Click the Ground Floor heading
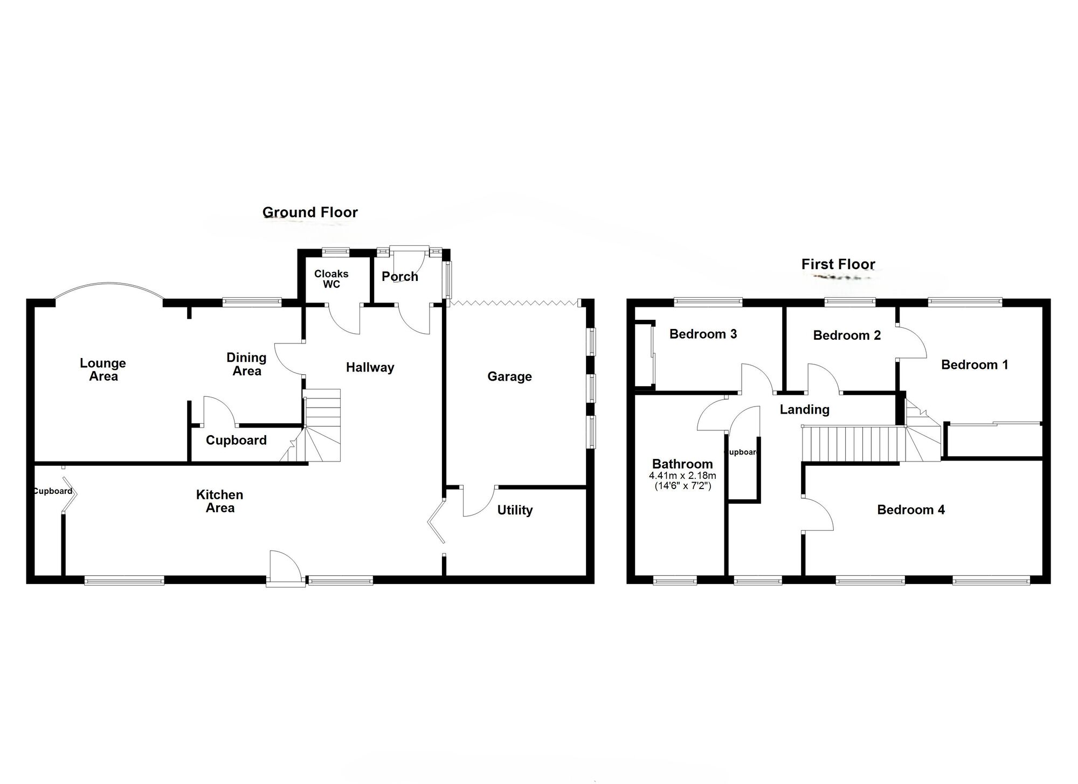coord(310,212)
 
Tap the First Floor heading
coord(838,264)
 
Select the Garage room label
coord(509,376)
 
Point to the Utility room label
coord(515,510)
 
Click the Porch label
coord(400,277)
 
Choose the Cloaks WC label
coord(331,279)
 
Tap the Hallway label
coord(370,368)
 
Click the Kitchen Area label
coord(220,501)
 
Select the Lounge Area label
coord(103,370)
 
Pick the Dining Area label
coord(246,364)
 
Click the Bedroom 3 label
coord(703,334)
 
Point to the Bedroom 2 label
coord(847,335)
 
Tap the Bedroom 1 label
coord(975,365)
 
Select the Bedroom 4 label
coord(911,510)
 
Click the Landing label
coord(805,410)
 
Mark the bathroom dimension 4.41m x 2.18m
coord(682,476)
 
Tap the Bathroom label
coord(682,464)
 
